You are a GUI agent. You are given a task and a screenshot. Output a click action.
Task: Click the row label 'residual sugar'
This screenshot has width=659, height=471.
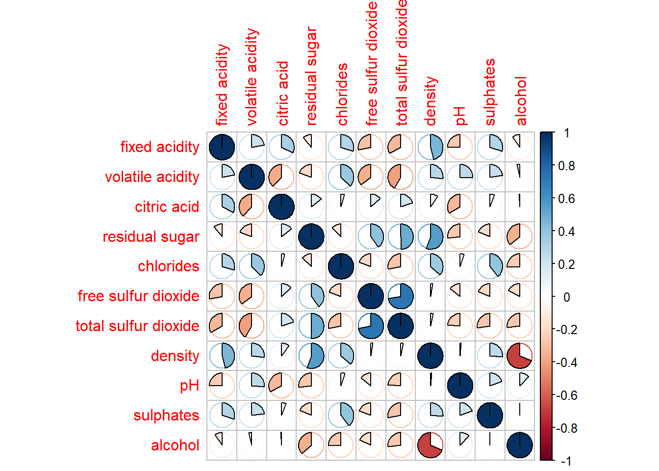[151, 237]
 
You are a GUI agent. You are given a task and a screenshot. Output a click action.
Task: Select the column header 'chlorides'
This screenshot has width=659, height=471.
[342, 94]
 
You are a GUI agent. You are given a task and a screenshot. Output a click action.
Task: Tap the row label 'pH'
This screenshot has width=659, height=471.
[189, 386]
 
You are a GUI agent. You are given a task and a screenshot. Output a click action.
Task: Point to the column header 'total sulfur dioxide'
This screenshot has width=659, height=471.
[401, 63]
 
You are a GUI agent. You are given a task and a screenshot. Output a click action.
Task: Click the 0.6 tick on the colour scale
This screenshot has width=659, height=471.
[566, 199]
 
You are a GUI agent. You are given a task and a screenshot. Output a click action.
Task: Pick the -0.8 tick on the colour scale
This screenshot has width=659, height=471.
[566, 428]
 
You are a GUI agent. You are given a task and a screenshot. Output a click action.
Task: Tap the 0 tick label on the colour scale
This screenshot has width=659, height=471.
[566, 297]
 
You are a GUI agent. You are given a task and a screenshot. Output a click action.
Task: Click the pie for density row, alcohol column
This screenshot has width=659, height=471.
[520, 356]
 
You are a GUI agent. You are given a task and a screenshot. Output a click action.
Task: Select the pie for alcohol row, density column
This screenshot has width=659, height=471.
[431, 445]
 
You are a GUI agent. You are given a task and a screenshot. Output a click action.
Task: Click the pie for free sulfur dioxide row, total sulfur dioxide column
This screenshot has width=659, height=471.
[401, 296]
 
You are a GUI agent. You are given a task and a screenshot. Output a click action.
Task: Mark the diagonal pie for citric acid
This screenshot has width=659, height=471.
[281, 207]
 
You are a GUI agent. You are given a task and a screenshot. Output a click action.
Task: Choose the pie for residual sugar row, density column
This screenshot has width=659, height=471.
[431, 237]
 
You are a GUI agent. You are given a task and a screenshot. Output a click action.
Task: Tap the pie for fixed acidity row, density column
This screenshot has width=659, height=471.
[431, 147]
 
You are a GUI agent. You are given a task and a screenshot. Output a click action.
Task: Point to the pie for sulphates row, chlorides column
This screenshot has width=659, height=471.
[341, 416]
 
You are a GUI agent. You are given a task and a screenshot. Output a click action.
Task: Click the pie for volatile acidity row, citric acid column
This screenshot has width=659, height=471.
[281, 177]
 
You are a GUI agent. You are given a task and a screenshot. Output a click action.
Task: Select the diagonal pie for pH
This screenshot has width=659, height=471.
[460, 386]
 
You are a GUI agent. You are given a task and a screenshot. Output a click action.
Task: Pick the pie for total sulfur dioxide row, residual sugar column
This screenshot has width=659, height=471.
[311, 326]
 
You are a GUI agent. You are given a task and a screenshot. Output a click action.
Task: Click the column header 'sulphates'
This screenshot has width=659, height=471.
[490, 92]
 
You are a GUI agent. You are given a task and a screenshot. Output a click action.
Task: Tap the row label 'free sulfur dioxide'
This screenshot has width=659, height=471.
[138, 296]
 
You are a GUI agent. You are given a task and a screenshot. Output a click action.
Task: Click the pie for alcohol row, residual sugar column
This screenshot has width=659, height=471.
[311, 445]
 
